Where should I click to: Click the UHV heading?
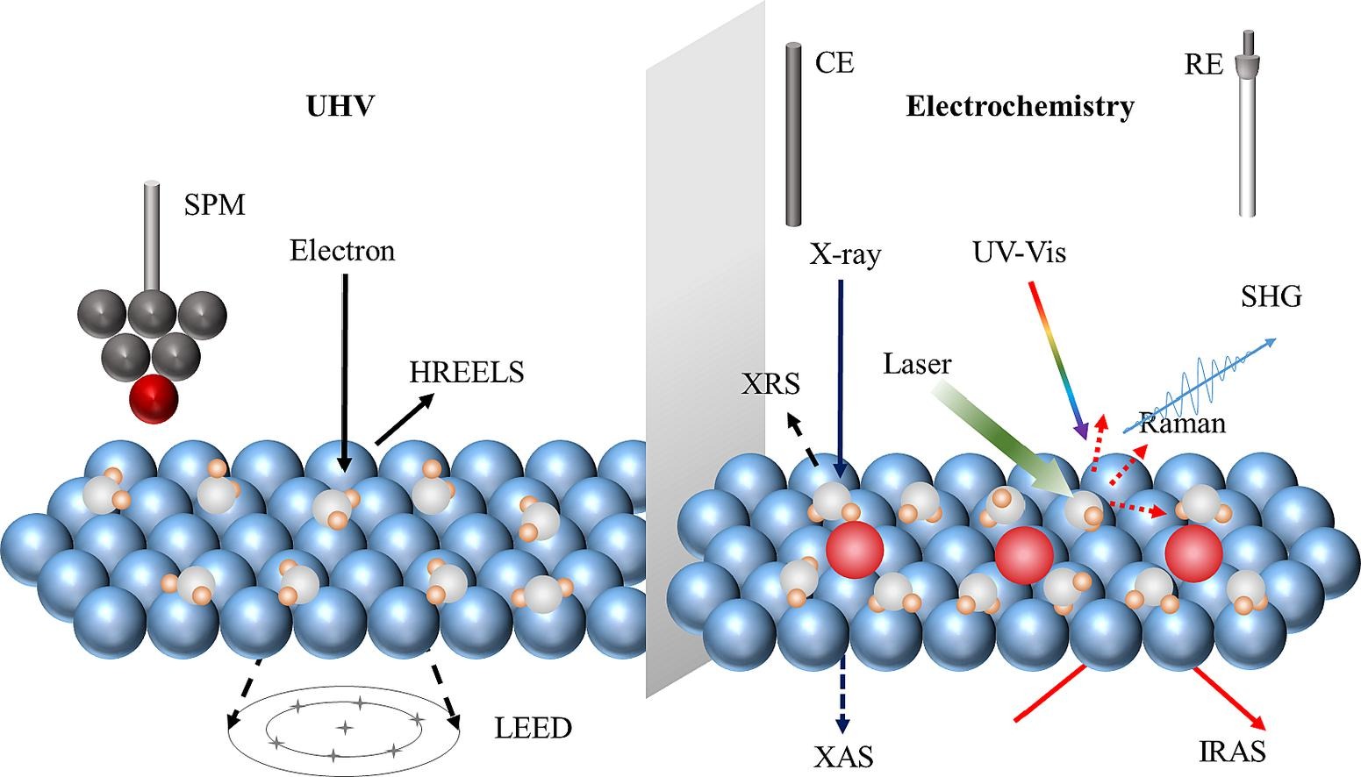340,106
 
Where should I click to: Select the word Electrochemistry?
1020,107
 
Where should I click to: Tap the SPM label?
214,205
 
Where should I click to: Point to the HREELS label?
466,373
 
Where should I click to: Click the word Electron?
342,252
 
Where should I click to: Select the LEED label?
533,728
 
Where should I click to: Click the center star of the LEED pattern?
345,727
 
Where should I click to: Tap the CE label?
834,63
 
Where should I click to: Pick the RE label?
1203,65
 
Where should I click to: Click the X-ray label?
844,255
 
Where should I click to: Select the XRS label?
770,384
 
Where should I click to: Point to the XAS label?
843,755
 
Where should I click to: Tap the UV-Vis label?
1019,253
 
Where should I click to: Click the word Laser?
917,363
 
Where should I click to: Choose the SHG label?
1271,297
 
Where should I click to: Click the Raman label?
1181,424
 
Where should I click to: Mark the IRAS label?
1232,752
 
